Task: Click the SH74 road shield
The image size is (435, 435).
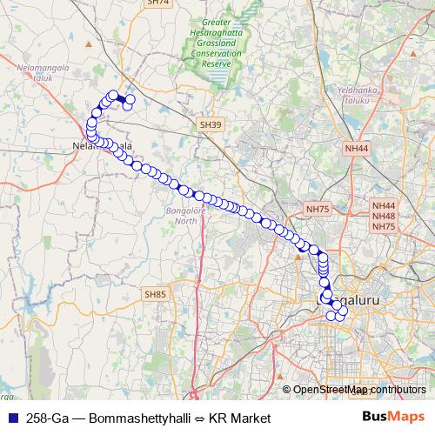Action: pos(157,3)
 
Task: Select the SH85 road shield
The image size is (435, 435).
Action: pos(155,295)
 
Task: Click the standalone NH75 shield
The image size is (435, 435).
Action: pos(318,210)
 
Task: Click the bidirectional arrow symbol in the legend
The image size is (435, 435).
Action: pos(197,418)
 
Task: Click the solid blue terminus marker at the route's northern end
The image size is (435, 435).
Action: pos(121,100)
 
